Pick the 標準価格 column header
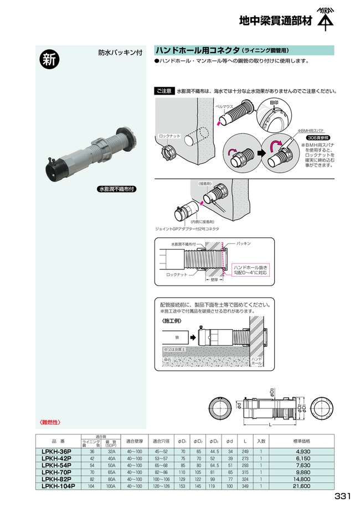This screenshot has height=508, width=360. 301,441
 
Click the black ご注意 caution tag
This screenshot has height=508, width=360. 164,90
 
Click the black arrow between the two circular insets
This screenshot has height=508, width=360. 259,152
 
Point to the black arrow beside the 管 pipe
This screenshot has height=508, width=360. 191,335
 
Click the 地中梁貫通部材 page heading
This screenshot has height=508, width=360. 275,22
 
